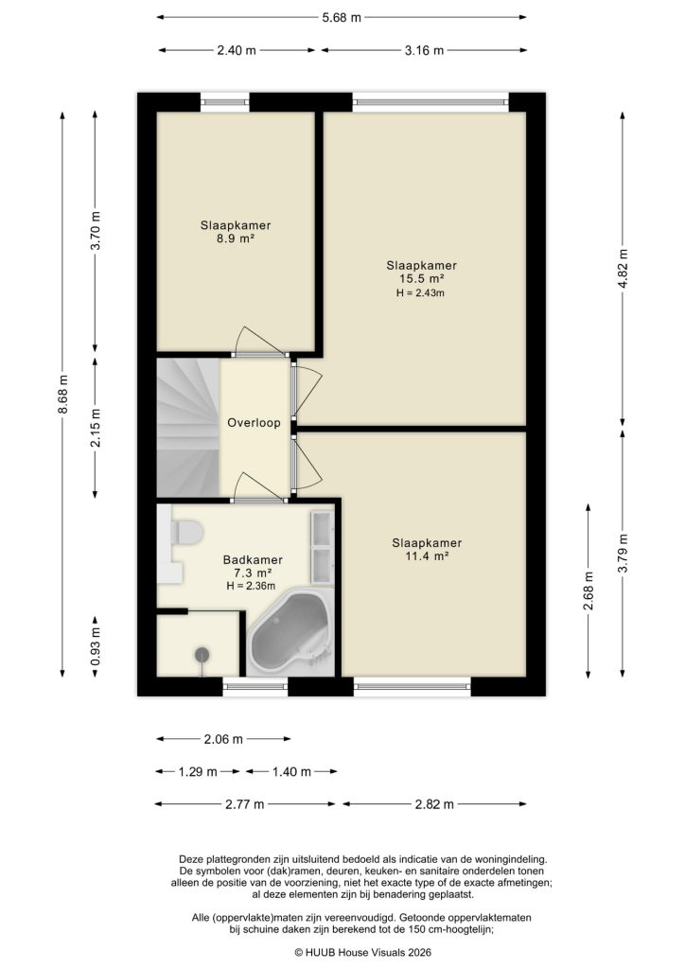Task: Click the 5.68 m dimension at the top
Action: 342,17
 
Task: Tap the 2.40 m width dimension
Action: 237,51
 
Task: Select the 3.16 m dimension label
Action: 424,51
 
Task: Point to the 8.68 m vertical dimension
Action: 62,393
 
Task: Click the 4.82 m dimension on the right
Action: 624,269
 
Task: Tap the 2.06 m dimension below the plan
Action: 224,739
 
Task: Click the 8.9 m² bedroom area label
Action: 236,240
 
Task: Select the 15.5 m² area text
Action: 421,279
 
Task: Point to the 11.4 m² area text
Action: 427,556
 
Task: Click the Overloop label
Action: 254,423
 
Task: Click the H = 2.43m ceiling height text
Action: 421,293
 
